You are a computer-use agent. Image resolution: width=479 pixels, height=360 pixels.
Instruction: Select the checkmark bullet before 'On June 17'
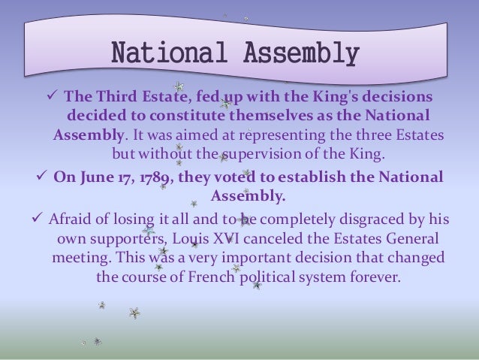pos(42,177)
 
